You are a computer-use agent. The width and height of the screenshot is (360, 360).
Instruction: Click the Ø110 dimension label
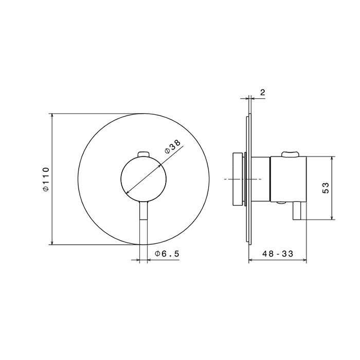click(46, 179)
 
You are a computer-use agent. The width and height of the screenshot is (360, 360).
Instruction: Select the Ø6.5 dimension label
click(167, 254)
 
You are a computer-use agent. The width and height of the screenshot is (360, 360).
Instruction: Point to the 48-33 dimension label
click(278, 254)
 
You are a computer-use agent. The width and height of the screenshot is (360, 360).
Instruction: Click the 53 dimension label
click(326, 188)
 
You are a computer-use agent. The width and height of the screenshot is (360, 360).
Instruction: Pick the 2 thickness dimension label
click(263, 92)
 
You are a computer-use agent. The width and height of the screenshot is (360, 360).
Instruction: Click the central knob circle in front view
click(143, 179)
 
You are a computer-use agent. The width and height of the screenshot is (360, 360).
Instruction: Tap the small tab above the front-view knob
click(143, 154)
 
